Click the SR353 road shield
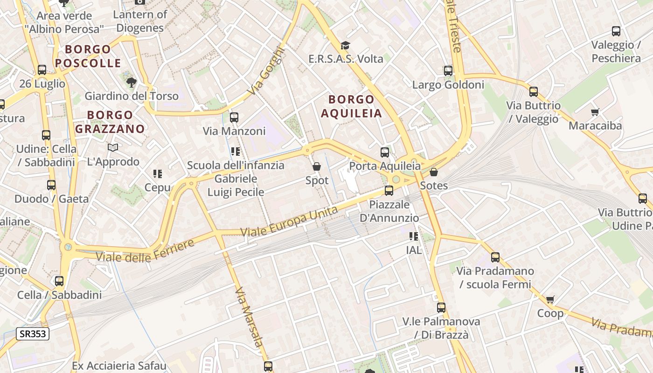[33, 333]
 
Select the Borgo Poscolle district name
[88, 56]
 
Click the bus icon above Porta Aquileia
[385, 152]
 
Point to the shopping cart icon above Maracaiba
[595, 112]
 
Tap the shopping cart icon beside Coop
[550, 299]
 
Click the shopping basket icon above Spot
[317, 166]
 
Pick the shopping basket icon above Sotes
[434, 172]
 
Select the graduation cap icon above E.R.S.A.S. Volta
[345, 45]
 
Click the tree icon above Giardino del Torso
[132, 83]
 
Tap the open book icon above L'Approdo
[113, 148]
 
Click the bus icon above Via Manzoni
[234, 117]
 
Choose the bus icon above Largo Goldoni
[448, 71]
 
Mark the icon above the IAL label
[413, 236]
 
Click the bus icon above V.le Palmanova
[441, 308]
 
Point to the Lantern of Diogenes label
[140, 21]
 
